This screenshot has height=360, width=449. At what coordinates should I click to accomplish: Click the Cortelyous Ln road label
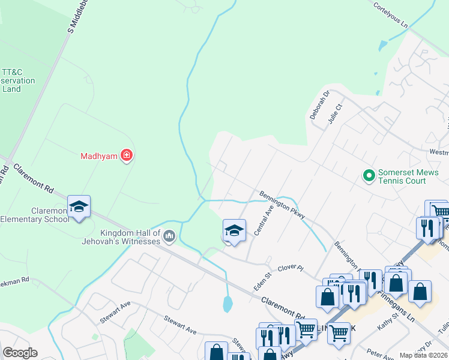pos(390,16)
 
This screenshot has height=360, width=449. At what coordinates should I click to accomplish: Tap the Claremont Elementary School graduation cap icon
pos(79,207)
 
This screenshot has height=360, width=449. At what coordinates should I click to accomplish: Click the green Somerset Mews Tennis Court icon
pos(368,175)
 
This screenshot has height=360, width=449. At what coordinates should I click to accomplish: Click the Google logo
pos(20,353)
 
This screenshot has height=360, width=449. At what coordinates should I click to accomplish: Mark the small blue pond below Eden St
pos(228,304)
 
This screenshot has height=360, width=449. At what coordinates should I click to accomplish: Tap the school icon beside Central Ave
pos(234,230)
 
